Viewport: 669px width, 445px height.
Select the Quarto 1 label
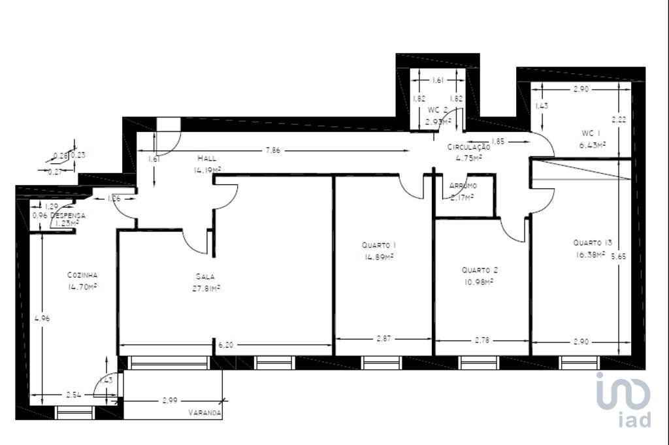[x=379, y=245]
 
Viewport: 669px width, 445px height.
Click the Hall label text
[x=206, y=158]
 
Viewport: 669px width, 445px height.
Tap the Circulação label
[x=468, y=148]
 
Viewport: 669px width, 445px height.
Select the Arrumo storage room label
[x=463, y=186]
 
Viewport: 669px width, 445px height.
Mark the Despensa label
[x=68, y=215]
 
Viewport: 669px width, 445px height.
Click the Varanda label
[x=204, y=413]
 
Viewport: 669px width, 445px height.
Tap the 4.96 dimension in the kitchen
[x=42, y=319]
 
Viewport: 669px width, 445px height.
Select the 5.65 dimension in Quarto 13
[x=617, y=257]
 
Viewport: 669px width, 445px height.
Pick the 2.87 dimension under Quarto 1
[x=385, y=338]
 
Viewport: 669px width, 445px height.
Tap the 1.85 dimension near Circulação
[x=497, y=140]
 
